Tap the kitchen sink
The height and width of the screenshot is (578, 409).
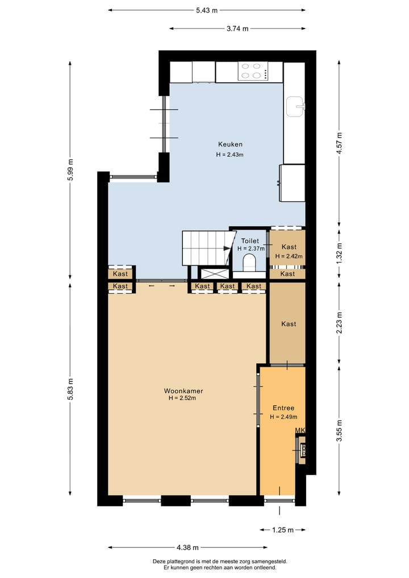coord(295,106)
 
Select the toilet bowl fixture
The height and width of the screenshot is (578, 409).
coord(249,263)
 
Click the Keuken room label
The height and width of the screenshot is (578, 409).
coord(230,144)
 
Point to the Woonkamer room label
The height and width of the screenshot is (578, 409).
coord(183,391)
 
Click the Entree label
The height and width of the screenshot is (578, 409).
coord(283,408)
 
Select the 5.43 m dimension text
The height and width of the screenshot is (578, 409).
coord(207,10)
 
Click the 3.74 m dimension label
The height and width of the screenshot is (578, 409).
coord(237,29)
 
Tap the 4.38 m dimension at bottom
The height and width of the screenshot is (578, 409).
coord(187,548)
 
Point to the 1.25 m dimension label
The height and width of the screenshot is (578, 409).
coord(282,530)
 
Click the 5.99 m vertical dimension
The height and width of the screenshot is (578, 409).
coord(70,169)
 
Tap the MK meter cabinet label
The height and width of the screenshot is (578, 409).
coord(300,430)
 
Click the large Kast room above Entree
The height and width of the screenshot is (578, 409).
coord(289,324)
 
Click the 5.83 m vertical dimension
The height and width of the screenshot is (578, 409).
coord(70,389)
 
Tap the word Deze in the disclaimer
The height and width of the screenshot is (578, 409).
coord(160,562)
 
